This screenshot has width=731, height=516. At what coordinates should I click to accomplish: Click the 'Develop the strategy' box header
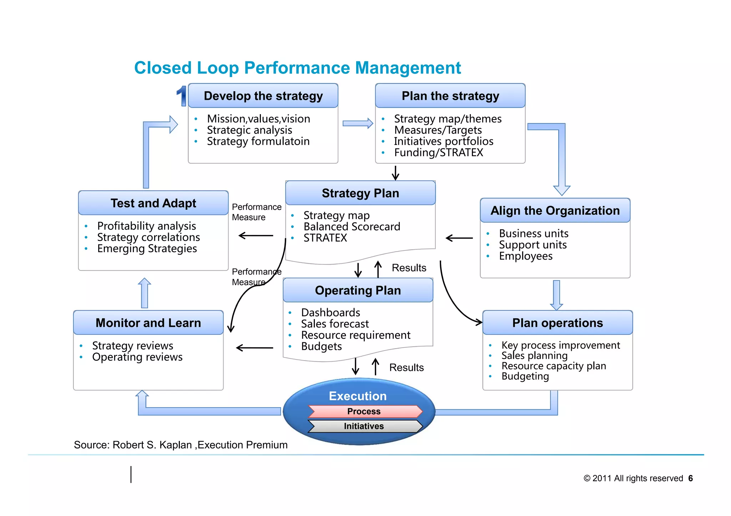pos(263,96)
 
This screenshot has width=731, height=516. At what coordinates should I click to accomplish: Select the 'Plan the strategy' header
pos(450,96)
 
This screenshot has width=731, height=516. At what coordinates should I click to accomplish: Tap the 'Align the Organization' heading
pos(555,210)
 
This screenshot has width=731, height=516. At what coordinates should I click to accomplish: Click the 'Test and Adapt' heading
pos(153,203)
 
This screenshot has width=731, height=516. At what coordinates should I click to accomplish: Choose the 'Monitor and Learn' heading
pos(148,323)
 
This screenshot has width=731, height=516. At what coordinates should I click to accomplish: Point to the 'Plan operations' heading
pos(557,323)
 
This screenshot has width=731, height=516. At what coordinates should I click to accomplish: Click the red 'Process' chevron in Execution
pos(364,411)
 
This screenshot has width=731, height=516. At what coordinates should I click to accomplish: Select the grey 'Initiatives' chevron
pos(364,426)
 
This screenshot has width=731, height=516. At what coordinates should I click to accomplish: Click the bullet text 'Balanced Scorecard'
pos(352,227)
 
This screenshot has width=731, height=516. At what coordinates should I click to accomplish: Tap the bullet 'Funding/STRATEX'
pos(438,153)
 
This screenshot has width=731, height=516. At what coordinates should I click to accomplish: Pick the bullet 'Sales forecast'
pos(335,324)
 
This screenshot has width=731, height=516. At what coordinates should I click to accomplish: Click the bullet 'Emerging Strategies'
pos(147,249)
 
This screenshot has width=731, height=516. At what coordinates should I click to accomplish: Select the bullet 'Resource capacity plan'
pos(554,366)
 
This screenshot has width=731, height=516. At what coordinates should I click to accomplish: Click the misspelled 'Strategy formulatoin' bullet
pos(258,141)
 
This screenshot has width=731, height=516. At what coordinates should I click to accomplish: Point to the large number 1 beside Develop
pos(182,96)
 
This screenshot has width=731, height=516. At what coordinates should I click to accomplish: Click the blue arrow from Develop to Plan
pos(358,123)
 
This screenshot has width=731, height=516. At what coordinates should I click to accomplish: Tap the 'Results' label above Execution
pos(406,368)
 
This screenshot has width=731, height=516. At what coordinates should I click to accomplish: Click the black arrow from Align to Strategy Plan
pos(459,238)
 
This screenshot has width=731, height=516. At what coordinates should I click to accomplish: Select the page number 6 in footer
pos(690,478)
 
